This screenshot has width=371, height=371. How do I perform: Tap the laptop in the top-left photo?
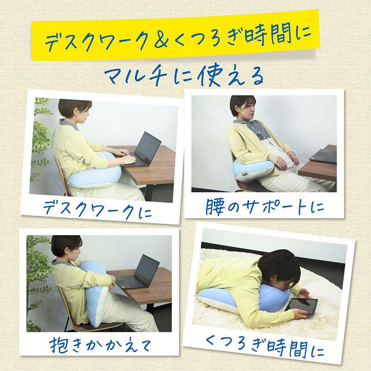144,149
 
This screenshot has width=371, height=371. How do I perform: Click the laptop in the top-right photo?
325,154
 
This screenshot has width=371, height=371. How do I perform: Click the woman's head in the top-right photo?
243,108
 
